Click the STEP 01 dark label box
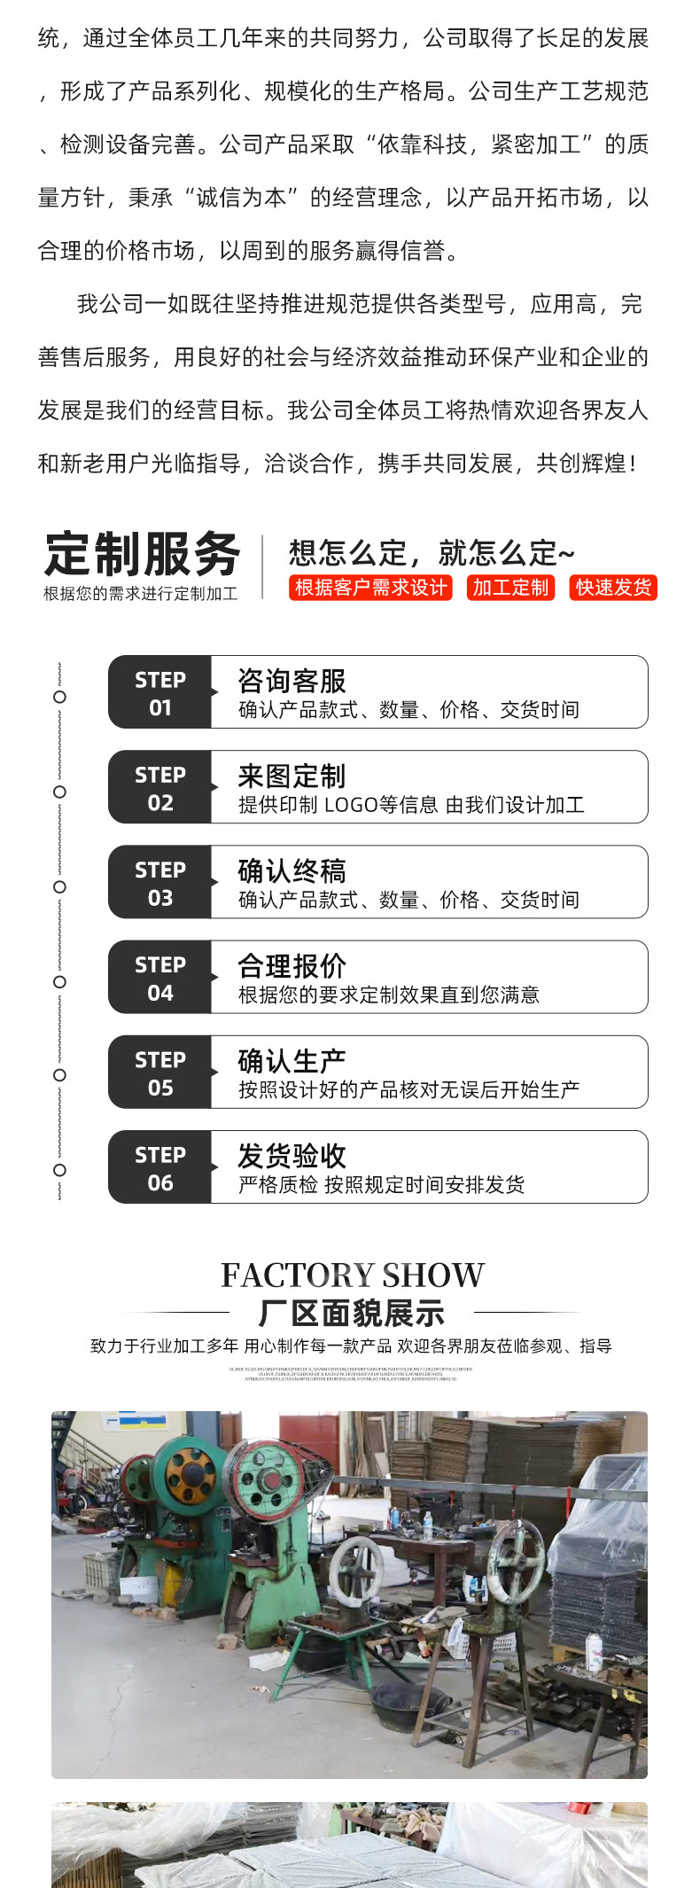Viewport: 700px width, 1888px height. coord(160,692)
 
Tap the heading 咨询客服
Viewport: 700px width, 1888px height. coord(292,681)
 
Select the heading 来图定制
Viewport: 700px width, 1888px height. coord(292,776)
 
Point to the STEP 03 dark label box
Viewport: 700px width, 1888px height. coord(160,882)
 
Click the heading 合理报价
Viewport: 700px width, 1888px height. coord(292,965)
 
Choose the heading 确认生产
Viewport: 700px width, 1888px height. coord(292,1060)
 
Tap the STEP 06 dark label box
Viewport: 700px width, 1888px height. coord(160,1167)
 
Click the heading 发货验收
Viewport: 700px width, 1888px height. coord(292,1155)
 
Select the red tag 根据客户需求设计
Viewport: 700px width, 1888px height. coord(370,588)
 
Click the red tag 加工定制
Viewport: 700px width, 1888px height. coord(510,588)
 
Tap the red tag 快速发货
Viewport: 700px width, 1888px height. coord(613,588)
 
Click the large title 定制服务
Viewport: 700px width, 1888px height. coord(142,555)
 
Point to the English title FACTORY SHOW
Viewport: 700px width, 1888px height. coord(352,1275)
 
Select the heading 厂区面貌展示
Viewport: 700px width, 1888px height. coord(352,1313)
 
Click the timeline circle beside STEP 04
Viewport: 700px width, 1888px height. coord(59,981)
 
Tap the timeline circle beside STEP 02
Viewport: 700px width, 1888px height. coord(59,792)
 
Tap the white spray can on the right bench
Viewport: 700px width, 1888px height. coord(595,1653)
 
